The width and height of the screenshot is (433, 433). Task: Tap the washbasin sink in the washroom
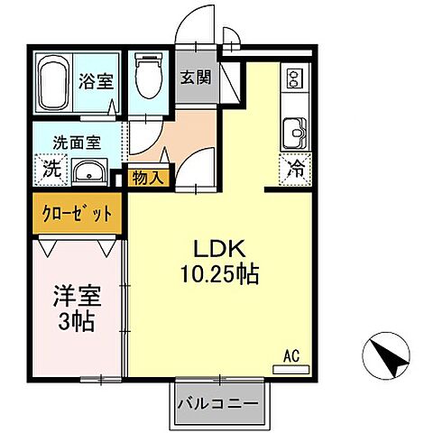coord(88,171)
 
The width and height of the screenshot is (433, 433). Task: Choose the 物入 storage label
coord(148,178)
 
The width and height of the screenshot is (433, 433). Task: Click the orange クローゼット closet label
coord(78,214)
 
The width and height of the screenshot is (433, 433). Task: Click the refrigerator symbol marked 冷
coord(294,167)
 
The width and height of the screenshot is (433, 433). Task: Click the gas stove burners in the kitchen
coord(293,78)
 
